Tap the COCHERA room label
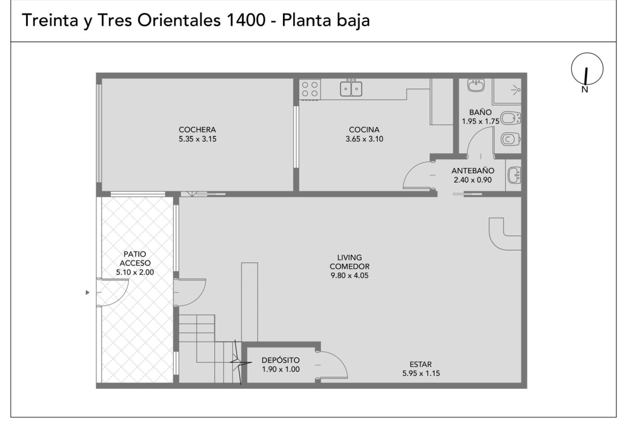(197, 130)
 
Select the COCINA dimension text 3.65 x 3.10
(364, 139)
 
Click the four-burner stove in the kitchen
(310, 89)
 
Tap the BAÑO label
(480, 113)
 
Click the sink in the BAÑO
(476, 85)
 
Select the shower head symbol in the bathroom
(517, 90)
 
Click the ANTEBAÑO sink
(514, 175)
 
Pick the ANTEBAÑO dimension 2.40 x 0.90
(473, 180)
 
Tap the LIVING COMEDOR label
(349, 262)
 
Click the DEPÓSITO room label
(280, 360)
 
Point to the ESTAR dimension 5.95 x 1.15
(421, 373)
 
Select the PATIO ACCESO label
(135, 258)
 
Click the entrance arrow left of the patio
(87, 292)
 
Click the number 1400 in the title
(246, 20)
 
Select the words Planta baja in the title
(326, 20)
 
